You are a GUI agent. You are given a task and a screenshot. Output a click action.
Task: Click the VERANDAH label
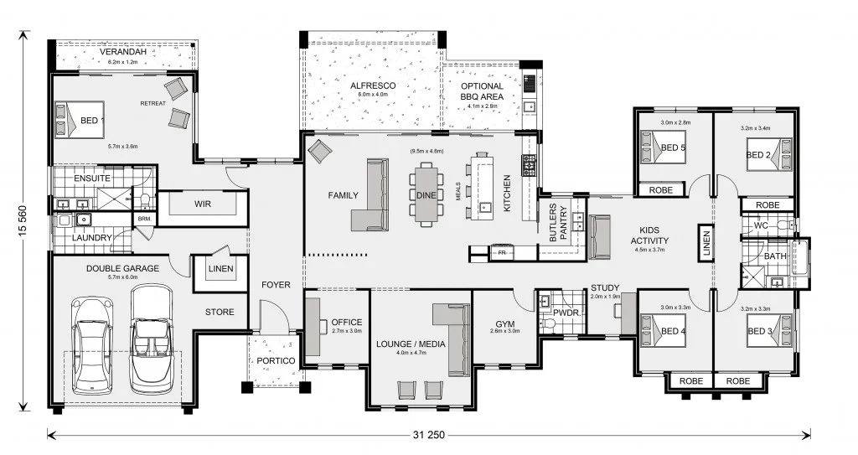(x=124, y=52)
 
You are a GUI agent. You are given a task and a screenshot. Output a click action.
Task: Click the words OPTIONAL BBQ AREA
(x=482, y=91)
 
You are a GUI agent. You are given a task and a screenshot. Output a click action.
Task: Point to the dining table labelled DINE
(x=426, y=194)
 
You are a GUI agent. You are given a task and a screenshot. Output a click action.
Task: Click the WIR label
(x=201, y=204)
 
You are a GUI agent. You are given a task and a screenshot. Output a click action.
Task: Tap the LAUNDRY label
(x=91, y=238)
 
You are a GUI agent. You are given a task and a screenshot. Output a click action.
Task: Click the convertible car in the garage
(x=152, y=339)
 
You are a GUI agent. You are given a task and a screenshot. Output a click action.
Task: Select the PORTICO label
(x=276, y=360)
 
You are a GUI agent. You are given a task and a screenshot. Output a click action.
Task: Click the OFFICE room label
(x=346, y=322)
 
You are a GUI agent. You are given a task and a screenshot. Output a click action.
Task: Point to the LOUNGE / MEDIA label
(x=411, y=344)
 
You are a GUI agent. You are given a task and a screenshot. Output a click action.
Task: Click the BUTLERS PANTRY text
(x=558, y=223)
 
